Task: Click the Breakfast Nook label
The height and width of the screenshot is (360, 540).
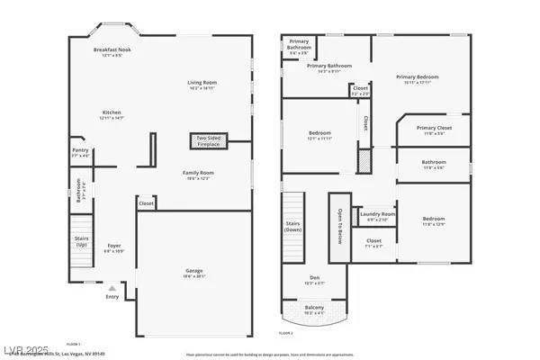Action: tap(112, 50)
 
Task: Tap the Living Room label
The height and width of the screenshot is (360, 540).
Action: tap(202, 83)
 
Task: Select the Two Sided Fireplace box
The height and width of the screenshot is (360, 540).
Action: tap(208, 140)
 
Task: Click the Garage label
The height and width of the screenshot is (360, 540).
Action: tap(193, 269)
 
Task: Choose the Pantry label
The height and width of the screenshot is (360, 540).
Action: tap(80, 150)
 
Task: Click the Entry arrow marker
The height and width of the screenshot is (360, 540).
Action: tap(112, 287)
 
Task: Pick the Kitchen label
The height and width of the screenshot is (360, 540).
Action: tap(112, 112)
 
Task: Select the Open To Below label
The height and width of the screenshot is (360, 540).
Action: tap(339, 229)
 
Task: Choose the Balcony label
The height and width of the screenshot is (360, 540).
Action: tap(315, 308)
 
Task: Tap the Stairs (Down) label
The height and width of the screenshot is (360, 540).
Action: tap(292, 225)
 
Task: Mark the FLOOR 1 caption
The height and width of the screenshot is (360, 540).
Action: tap(74, 343)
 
